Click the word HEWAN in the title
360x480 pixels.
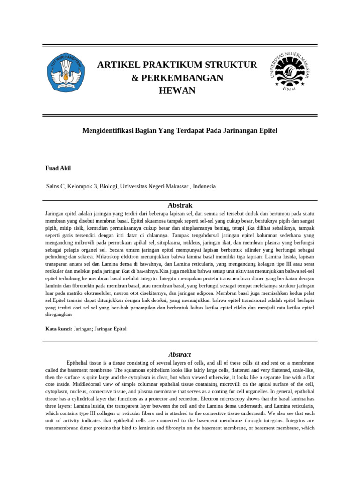coord(177,90)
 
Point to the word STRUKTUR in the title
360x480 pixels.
coord(232,65)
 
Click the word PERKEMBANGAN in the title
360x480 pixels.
coord(183,78)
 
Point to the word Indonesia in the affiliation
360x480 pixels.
coord(203,186)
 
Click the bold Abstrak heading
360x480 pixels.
coord(180,205)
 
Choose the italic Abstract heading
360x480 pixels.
coord(180,354)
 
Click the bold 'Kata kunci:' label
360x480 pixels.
coord(59,329)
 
